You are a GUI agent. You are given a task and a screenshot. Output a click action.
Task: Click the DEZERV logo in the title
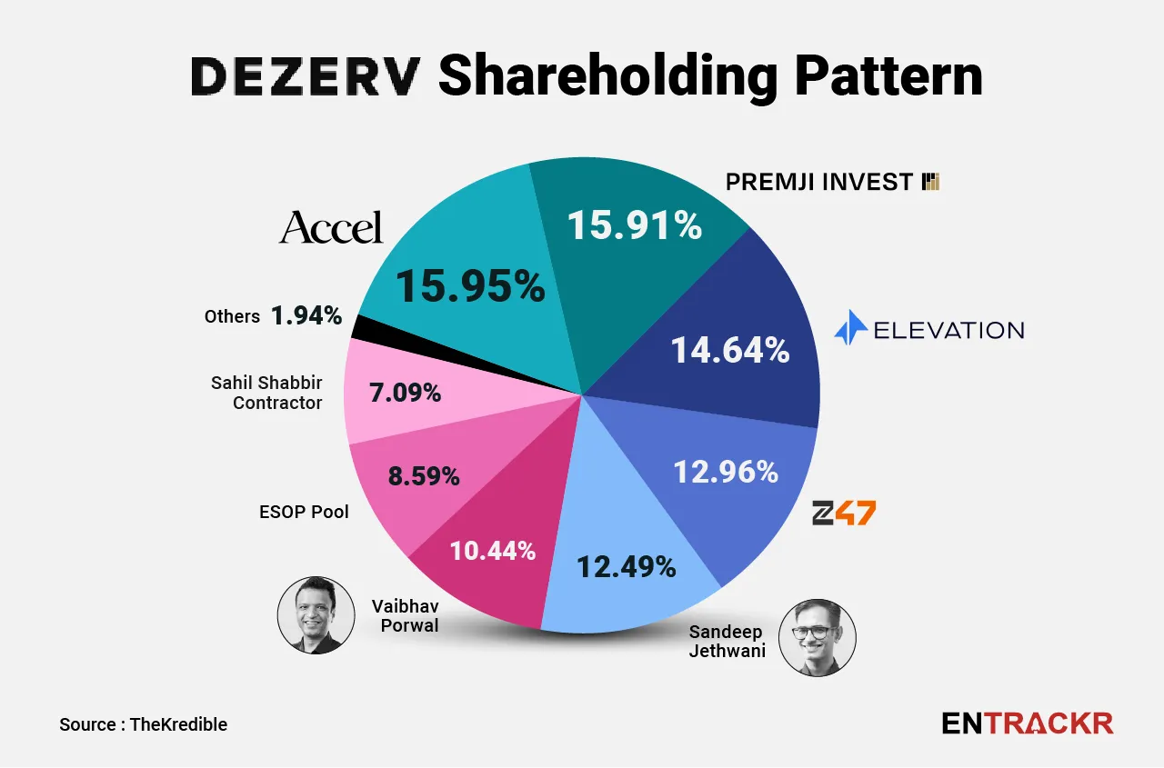pos(306,77)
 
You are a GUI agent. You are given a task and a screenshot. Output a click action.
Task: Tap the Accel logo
pos(331,227)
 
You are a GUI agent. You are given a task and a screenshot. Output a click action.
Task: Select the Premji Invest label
pos(831,182)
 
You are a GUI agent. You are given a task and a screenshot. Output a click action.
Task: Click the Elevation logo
pos(929,329)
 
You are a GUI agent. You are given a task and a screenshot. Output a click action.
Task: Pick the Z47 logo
pos(843,514)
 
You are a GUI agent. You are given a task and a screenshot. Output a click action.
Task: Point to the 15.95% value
pos(470,287)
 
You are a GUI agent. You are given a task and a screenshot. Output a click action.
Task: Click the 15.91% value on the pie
pos(635,225)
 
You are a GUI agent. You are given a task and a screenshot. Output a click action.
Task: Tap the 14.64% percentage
pos(730,350)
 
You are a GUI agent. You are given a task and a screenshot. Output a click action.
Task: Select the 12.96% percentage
pos(726,472)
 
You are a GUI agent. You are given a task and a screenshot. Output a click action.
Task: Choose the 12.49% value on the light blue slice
pos(627,566)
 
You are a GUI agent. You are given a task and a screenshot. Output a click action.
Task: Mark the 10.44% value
pos(493,550)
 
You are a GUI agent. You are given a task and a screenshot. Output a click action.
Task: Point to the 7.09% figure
pos(406,394)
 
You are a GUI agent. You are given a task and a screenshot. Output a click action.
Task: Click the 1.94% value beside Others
pos(306,316)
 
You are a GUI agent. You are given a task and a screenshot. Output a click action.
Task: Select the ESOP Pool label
pos(304,512)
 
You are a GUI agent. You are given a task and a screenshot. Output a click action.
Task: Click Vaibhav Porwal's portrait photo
pos(316,614)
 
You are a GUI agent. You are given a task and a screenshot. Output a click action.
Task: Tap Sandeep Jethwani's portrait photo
pos(818,637)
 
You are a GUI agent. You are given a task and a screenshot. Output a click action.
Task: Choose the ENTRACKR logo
pos(1028,723)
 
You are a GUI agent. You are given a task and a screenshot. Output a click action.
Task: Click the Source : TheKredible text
pos(143,724)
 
